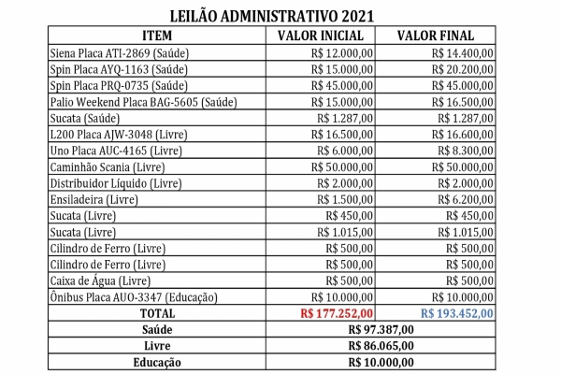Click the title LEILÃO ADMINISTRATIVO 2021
pos(280,16)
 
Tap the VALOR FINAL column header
pos(434,35)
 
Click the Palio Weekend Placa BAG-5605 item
pos(140,101)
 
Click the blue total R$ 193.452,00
pos(456,313)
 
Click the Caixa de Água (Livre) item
pos(98,280)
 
